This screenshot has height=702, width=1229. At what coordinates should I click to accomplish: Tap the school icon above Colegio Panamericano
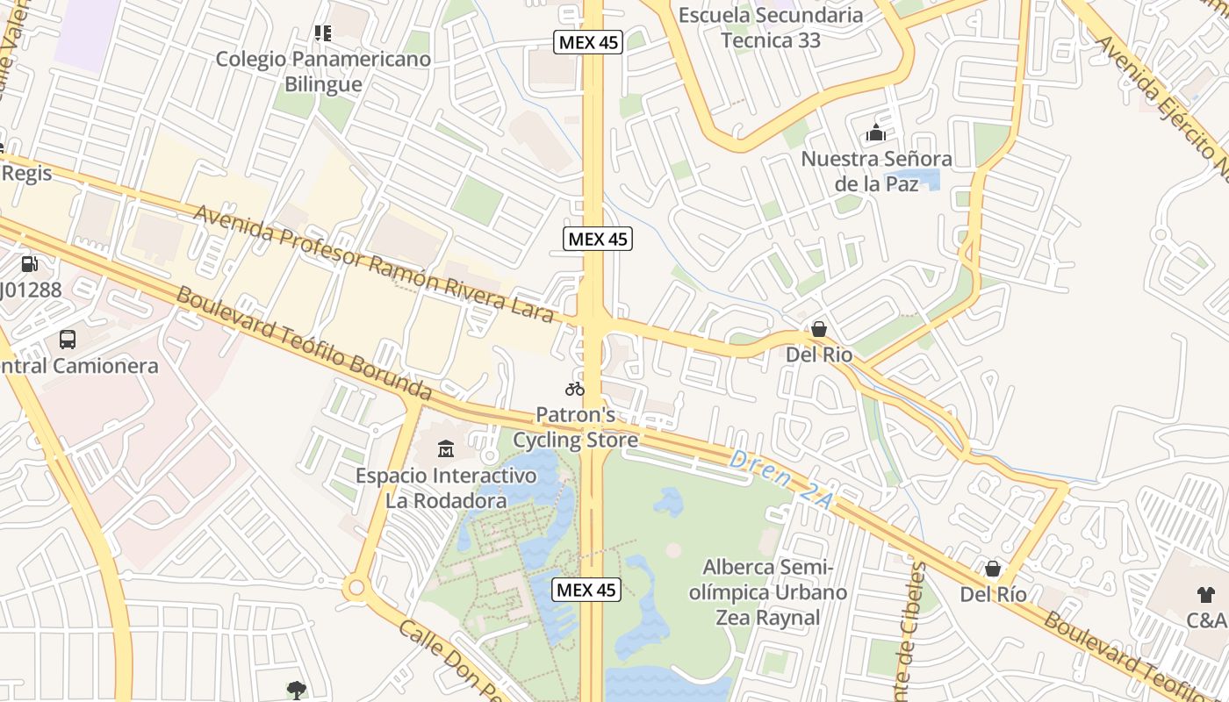[323, 33]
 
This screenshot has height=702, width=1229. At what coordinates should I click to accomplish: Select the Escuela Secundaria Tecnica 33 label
[771, 27]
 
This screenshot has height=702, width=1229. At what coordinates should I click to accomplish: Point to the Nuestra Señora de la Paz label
[876, 171]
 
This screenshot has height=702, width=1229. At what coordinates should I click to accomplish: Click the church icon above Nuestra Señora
[875, 133]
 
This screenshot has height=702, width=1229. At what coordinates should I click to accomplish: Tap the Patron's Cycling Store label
[575, 427]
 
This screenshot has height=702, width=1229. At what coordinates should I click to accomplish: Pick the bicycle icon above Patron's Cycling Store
[575, 389]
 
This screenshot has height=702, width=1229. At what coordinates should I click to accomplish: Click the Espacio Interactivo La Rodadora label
[446, 488]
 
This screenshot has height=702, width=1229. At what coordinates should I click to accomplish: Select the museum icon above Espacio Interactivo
[445, 449]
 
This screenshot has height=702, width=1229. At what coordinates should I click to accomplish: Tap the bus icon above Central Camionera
[68, 339]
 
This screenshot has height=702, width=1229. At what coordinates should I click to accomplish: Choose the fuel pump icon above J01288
[29, 263]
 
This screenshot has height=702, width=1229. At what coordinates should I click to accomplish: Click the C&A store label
[1207, 620]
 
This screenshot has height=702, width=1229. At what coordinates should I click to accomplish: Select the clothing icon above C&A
[1206, 594]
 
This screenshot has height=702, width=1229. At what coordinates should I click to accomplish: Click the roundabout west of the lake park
[356, 587]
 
